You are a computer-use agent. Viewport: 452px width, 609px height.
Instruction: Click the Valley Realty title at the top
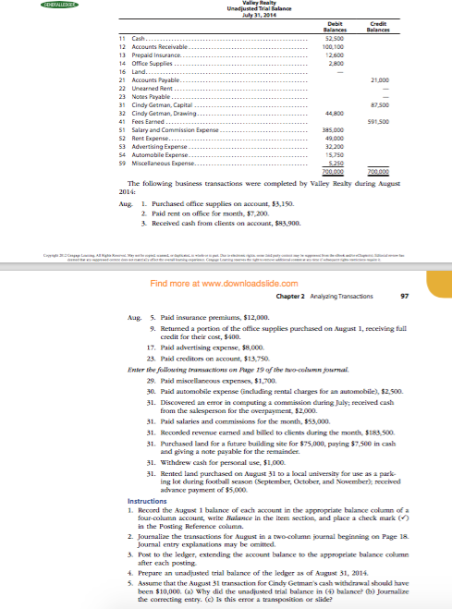pos(226,3)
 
